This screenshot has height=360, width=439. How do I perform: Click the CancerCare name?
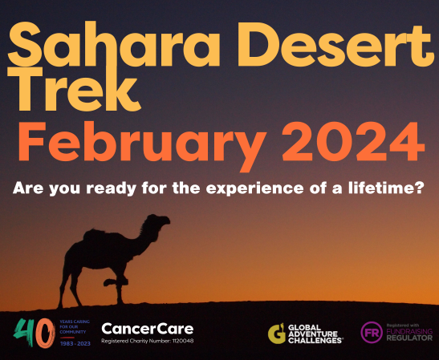click(147, 328)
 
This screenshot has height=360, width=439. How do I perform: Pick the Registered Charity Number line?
click(147, 341)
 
